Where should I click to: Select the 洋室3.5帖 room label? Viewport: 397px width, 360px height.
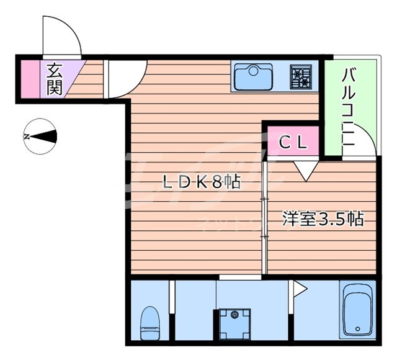(x=323, y=219)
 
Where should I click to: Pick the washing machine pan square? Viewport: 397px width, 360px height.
(x=234, y=323)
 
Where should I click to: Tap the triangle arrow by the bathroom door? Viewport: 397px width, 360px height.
(x=300, y=288)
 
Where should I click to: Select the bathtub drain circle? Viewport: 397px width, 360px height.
(x=356, y=329)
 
